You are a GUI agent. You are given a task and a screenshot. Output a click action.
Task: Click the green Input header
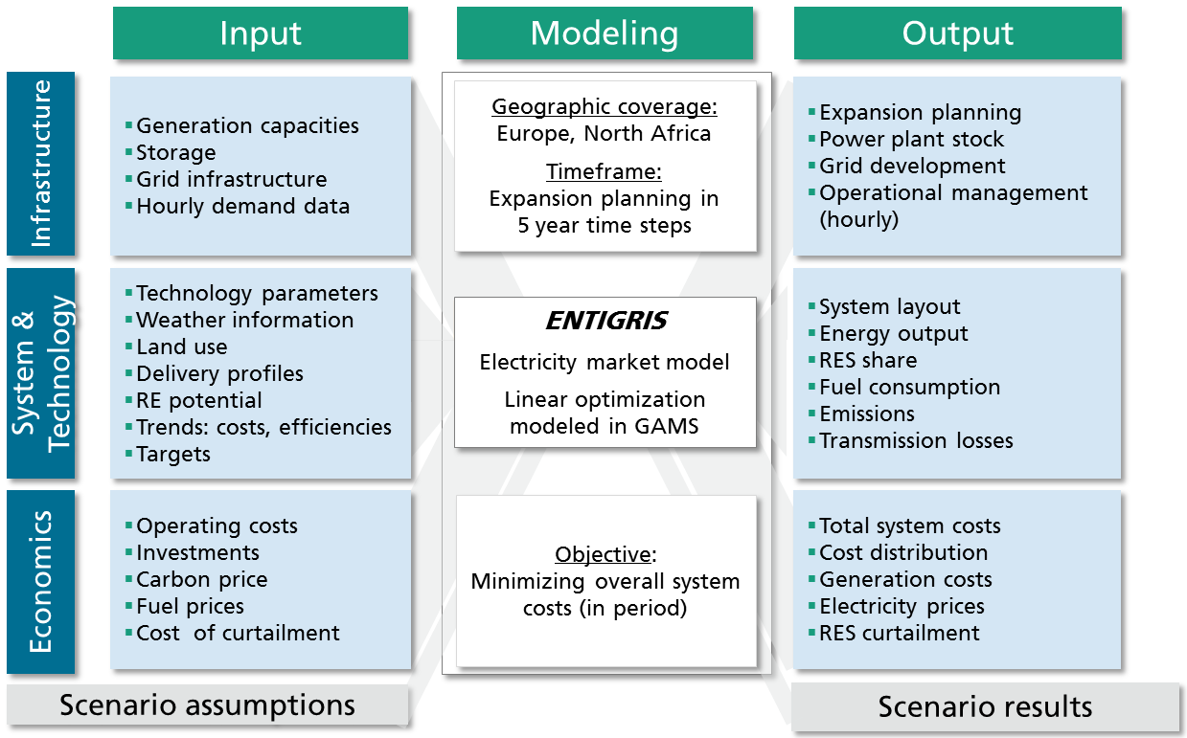pyautogui.click(x=261, y=33)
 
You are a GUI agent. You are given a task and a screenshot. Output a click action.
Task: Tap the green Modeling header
pyautogui.click(x=605, y=33)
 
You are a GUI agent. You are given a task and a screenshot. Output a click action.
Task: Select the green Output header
pyautogui.click(x=957, y=33)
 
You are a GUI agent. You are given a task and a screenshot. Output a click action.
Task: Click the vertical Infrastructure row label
pyautogui.click(x=41, y=164)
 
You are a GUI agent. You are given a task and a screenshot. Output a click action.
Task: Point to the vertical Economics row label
pyautogui.click(x=41, y=581)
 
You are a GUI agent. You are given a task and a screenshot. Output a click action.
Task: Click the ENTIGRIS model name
pyautogui.click(x=606, y=321)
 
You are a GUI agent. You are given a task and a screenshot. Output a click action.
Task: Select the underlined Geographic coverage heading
pyautogui.click(x=605, y=107)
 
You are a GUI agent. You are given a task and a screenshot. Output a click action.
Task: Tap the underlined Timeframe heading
pyautogui.click(x=605, y=172)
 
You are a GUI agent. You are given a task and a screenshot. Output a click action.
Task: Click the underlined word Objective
pyautogui.click(x=603, y=555)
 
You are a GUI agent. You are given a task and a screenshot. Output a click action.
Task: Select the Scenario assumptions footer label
pyautogui.click(x=207, y=705)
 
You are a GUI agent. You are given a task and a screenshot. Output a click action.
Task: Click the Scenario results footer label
pyautogui.click(x=985, y=706)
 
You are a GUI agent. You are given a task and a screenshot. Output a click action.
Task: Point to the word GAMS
pyautogui.click(x=667, y=426)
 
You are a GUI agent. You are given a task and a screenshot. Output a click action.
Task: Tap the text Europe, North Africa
pyautogui.click(x=605, y=133)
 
